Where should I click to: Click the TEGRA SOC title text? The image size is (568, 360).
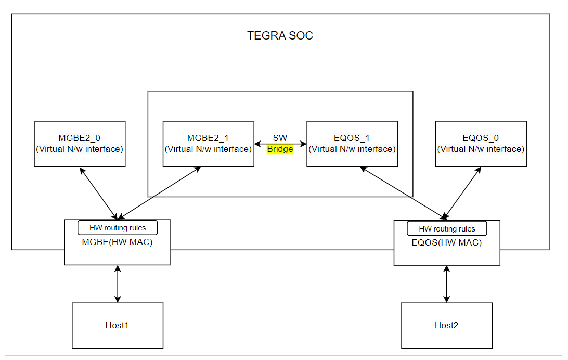click(280, 36)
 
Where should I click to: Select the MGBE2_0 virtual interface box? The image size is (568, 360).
click(80, 144)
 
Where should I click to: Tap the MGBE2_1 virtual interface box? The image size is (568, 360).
click(208, 144)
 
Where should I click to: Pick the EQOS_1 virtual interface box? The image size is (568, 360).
click(352, 144)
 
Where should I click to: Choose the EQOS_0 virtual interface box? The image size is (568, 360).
click(481, 144)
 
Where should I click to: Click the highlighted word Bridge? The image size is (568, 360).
click(280, 149)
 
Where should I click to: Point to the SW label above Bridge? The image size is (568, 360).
click(280, 138)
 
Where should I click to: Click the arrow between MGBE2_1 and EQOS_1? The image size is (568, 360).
click(280, 144)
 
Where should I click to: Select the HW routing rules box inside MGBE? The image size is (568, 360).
click(117, 228)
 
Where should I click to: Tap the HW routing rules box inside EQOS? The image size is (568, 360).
click(447, 228)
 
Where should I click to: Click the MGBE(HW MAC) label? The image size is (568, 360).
click(117, 242)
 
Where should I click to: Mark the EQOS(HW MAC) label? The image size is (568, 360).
click(446, 242)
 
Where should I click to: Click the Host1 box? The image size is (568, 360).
click(117, 325)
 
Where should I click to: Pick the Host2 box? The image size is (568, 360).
click(446, 325)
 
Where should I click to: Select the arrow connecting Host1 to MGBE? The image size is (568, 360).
click(118, 284)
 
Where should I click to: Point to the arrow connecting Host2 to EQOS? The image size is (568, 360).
click(446, 284)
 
